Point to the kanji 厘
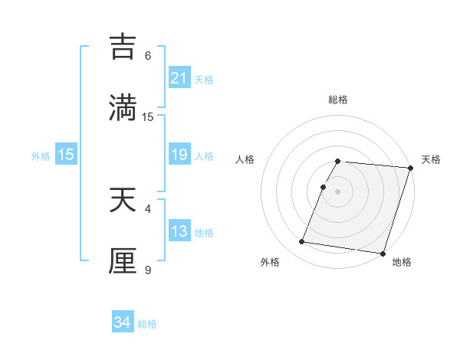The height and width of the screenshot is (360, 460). (x=124, y=260)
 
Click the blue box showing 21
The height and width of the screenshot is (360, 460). (x=179, y=77)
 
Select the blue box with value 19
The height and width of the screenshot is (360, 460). (x=179, y=155)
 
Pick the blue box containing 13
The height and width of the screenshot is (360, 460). (x=179, y=231)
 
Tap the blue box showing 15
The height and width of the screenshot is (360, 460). (x=66, y=155)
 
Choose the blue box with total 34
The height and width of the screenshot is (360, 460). (x=123, y=322)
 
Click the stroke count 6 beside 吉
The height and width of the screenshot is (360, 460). (x=148, y=56)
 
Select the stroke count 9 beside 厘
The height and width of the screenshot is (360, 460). (x=148, y=270)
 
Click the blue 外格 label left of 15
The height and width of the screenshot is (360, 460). (x=41, y=155)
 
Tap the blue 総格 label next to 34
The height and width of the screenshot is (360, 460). (x=147, y=323)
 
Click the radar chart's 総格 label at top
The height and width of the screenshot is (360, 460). (x=338, y=100)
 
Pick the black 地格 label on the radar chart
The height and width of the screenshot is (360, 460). (x=402, y=262)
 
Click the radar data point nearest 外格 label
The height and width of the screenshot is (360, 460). (x=302, y=242)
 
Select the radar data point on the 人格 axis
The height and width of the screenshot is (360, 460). (x=323, y=187)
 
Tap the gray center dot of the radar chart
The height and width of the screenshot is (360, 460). (x=338, y=191)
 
